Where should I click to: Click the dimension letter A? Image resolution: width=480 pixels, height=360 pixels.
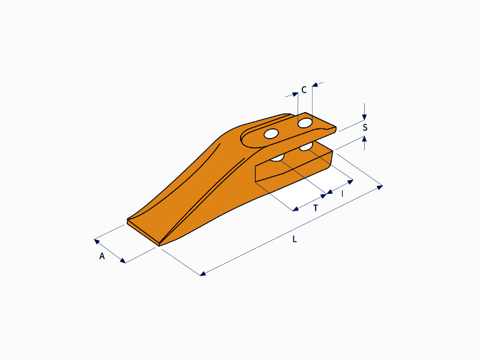(102, 256)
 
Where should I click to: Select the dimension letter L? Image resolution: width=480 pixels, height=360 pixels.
(295, 239)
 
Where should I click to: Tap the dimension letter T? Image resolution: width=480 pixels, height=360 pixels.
(316, 208)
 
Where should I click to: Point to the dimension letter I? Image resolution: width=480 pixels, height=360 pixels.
(342, 194)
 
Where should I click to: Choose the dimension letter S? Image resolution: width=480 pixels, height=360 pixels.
(365, 127)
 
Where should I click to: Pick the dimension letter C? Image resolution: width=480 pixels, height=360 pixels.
(304, 89)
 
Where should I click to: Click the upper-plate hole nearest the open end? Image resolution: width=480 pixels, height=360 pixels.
(305, 123)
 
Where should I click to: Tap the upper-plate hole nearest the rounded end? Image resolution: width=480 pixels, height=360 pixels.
(271, 134)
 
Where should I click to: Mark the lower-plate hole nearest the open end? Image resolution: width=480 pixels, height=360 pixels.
(306, 147)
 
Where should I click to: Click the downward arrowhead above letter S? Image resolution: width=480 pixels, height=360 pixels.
(364, 116)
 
